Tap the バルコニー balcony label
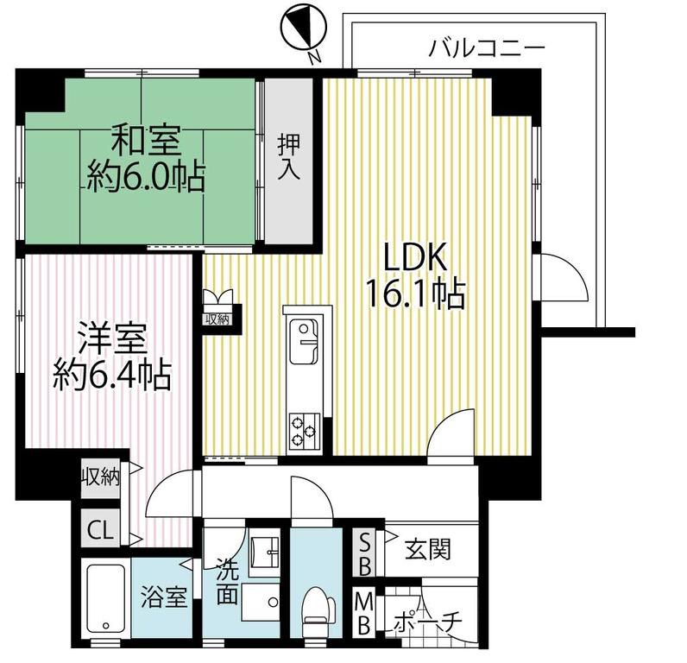point(487,47)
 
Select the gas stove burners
point(304,428)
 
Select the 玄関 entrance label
point(427,549)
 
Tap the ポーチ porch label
point(427,621)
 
